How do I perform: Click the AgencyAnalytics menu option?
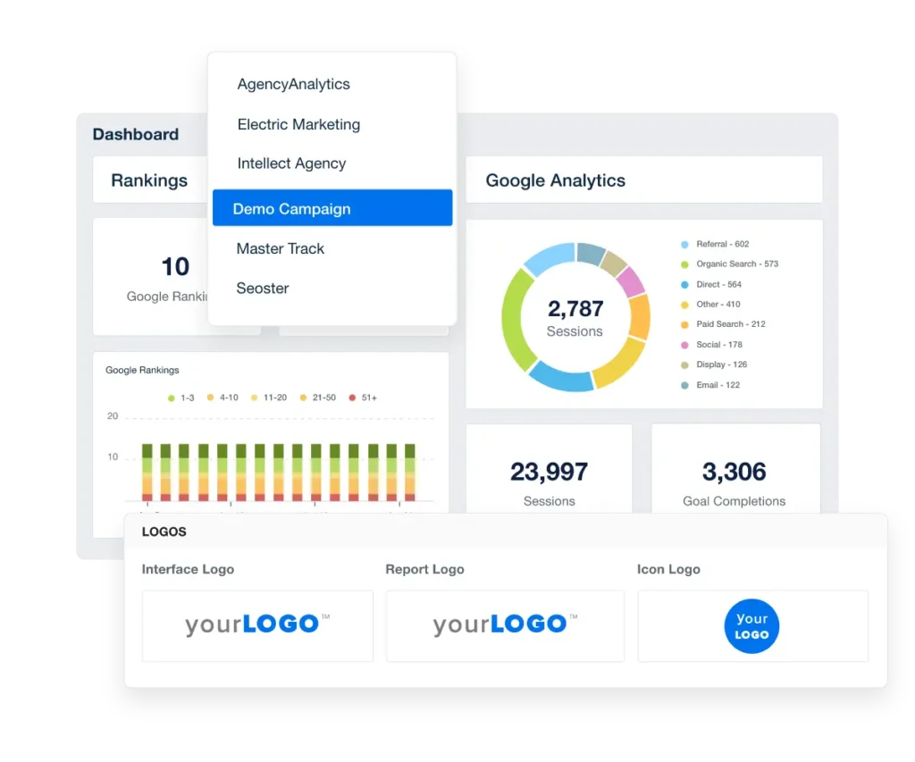[293, 85]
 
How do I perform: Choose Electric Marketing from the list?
[298, 125]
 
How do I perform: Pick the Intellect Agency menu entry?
[291, 164]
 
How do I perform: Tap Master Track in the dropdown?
[280, 249]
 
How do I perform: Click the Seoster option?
[263, 289]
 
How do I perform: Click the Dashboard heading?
[136, 135]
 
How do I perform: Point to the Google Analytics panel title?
[555, 180]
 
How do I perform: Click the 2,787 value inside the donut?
[575, 309]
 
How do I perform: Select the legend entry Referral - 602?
[722, 244]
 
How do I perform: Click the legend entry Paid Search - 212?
[730, 324]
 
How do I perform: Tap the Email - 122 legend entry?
[718, 385]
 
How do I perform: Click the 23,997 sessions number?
[549, 472]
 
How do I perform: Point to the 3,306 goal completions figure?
[734, 472]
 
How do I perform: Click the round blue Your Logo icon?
[751, 626]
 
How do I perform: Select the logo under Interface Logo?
[257, 625]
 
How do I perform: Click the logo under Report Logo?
[505, 625]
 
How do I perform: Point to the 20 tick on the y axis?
[113, 416]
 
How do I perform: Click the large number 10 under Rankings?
[175, 266]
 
